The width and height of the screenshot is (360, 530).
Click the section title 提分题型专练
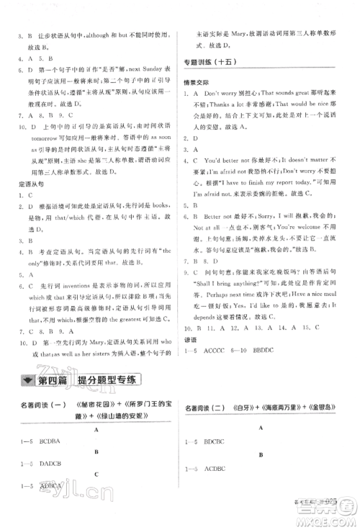[108, 381]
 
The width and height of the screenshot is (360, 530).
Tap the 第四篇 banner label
[50, 381]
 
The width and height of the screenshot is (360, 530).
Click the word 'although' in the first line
[116, 34]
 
